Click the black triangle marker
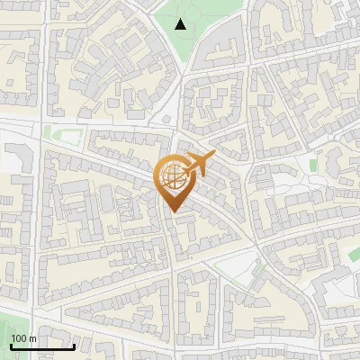(x=181, y=23)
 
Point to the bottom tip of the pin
(x=171, y=212)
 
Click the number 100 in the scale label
(x=20, y=338)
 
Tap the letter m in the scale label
(x=32, y=338)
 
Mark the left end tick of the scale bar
(x=11, y=344)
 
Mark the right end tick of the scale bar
(x=74, y=344)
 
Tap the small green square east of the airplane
(x=313, y=166)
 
